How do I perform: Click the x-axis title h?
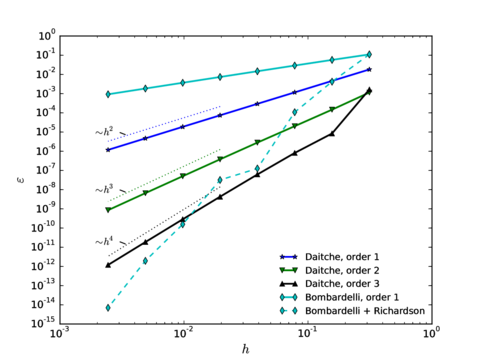[x=245, y=347]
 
